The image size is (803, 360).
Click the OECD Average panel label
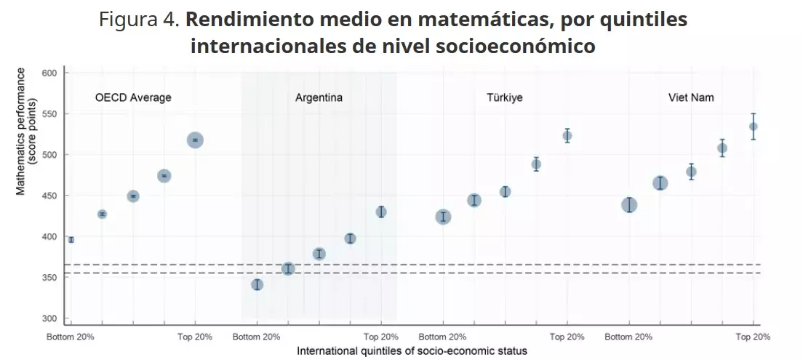pos(133,97)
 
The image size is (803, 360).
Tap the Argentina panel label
pos(319,97)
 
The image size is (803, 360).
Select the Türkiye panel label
pos(505,97)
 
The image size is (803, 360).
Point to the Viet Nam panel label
pos(691,97)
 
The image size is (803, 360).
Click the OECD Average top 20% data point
pos(195,140)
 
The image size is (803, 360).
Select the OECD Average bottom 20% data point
pos(71,239)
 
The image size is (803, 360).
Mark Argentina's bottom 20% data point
pos(257,284)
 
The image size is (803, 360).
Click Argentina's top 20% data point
pos(380,212)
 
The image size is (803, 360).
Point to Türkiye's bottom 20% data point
pos(443,217)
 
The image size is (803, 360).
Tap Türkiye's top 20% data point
pos(567,135)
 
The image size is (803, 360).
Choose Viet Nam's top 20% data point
pos(754,127)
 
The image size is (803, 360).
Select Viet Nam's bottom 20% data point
pos(629,205)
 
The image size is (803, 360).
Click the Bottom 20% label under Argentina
pos(257,337)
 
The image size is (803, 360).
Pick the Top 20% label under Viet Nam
pos(753,337)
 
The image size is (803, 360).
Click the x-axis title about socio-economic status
pos(412,351)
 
